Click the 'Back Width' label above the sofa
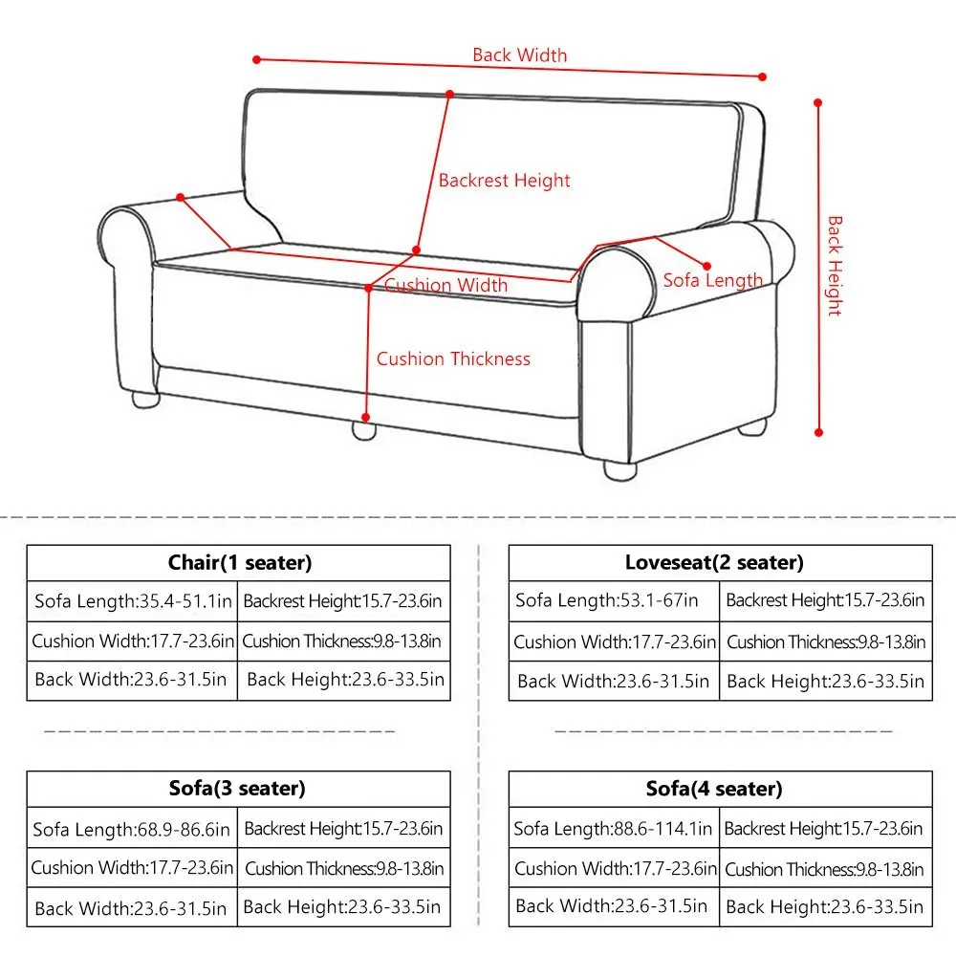(x=519, y=55)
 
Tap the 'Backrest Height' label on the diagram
(x=504, y=180)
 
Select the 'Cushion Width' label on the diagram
(x=446, y=285)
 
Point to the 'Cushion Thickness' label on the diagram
(x=453, y=359)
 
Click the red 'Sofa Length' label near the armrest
(x=713, y=280)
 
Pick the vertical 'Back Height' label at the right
(x=835, y=266)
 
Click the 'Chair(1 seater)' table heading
(x=240, y=563)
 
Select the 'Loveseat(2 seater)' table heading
(x=714, y=563)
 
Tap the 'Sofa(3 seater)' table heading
(x=237, y=789)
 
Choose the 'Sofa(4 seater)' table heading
(x=714, y=789)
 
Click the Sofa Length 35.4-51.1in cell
(x=133, y=601)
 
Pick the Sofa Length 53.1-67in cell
(x=607, y=601)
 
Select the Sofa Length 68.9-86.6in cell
(x=132, y=829)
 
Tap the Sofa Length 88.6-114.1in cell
(x=613, y=828)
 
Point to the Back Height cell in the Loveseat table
(x=825, y=681)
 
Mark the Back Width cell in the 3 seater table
(x=131, y=907)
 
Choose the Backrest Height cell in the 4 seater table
(x=823, y=828)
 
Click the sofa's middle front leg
(x=363, y=429)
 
